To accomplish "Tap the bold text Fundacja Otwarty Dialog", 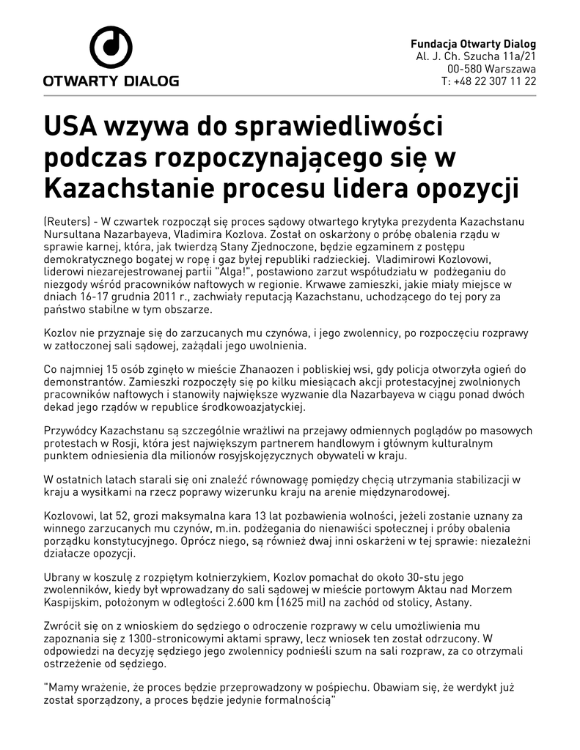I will [473, 44].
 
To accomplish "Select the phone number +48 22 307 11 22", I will [495, 81].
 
